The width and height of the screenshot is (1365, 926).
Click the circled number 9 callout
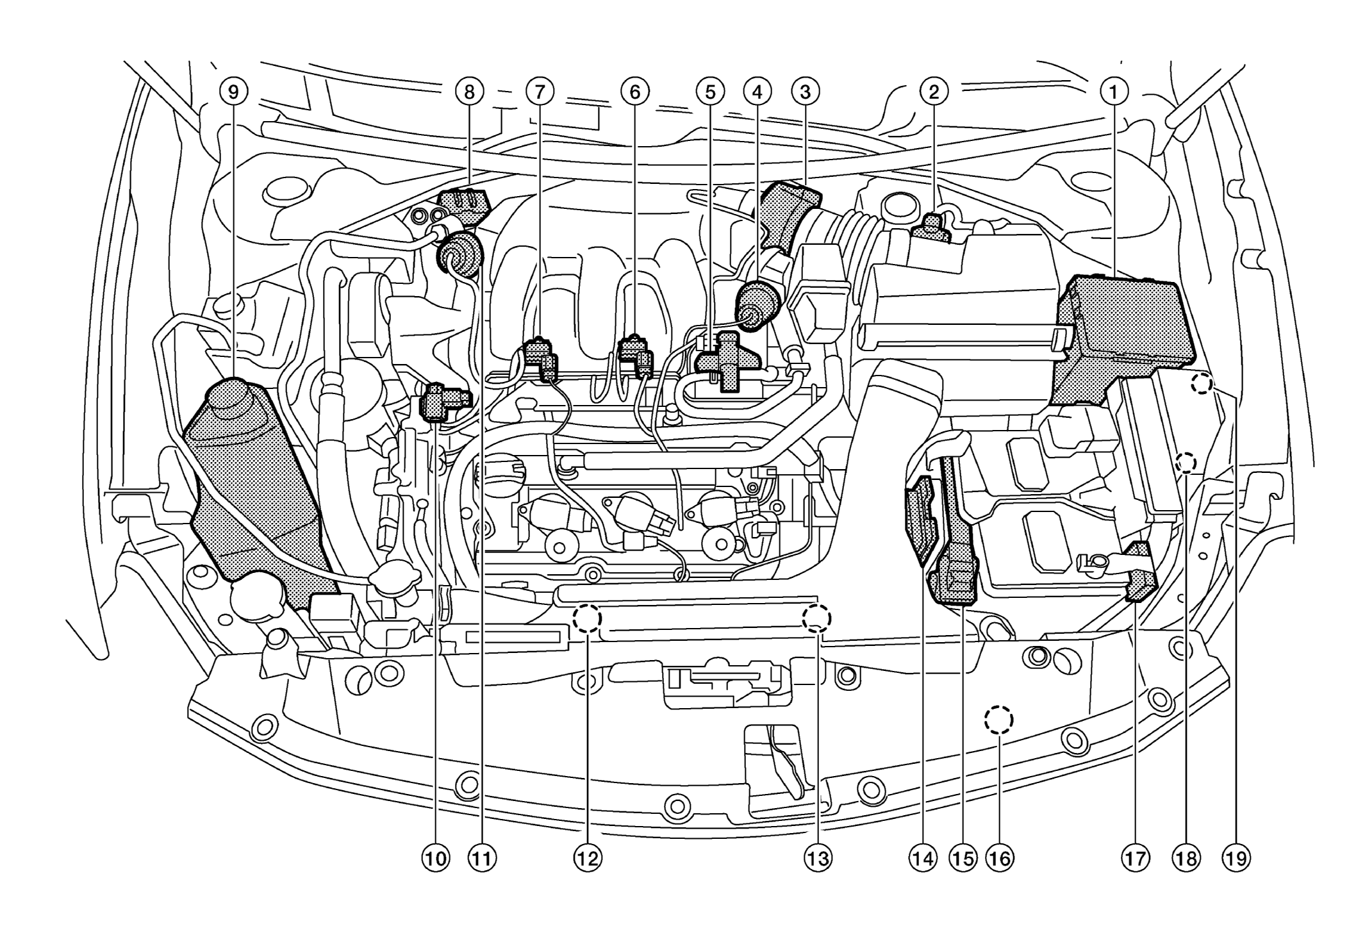point(233,92)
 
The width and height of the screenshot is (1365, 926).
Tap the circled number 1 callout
point(1113,92)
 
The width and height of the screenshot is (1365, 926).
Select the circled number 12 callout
point(588,858)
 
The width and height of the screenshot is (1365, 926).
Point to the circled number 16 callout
point(1000,858)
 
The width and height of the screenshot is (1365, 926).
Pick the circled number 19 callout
point(1237,858)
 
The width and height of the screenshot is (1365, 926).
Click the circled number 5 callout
point(709,92)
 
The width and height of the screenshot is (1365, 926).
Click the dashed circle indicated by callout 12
point(587,619)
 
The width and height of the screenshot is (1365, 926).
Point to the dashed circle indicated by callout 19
point(1202,384)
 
